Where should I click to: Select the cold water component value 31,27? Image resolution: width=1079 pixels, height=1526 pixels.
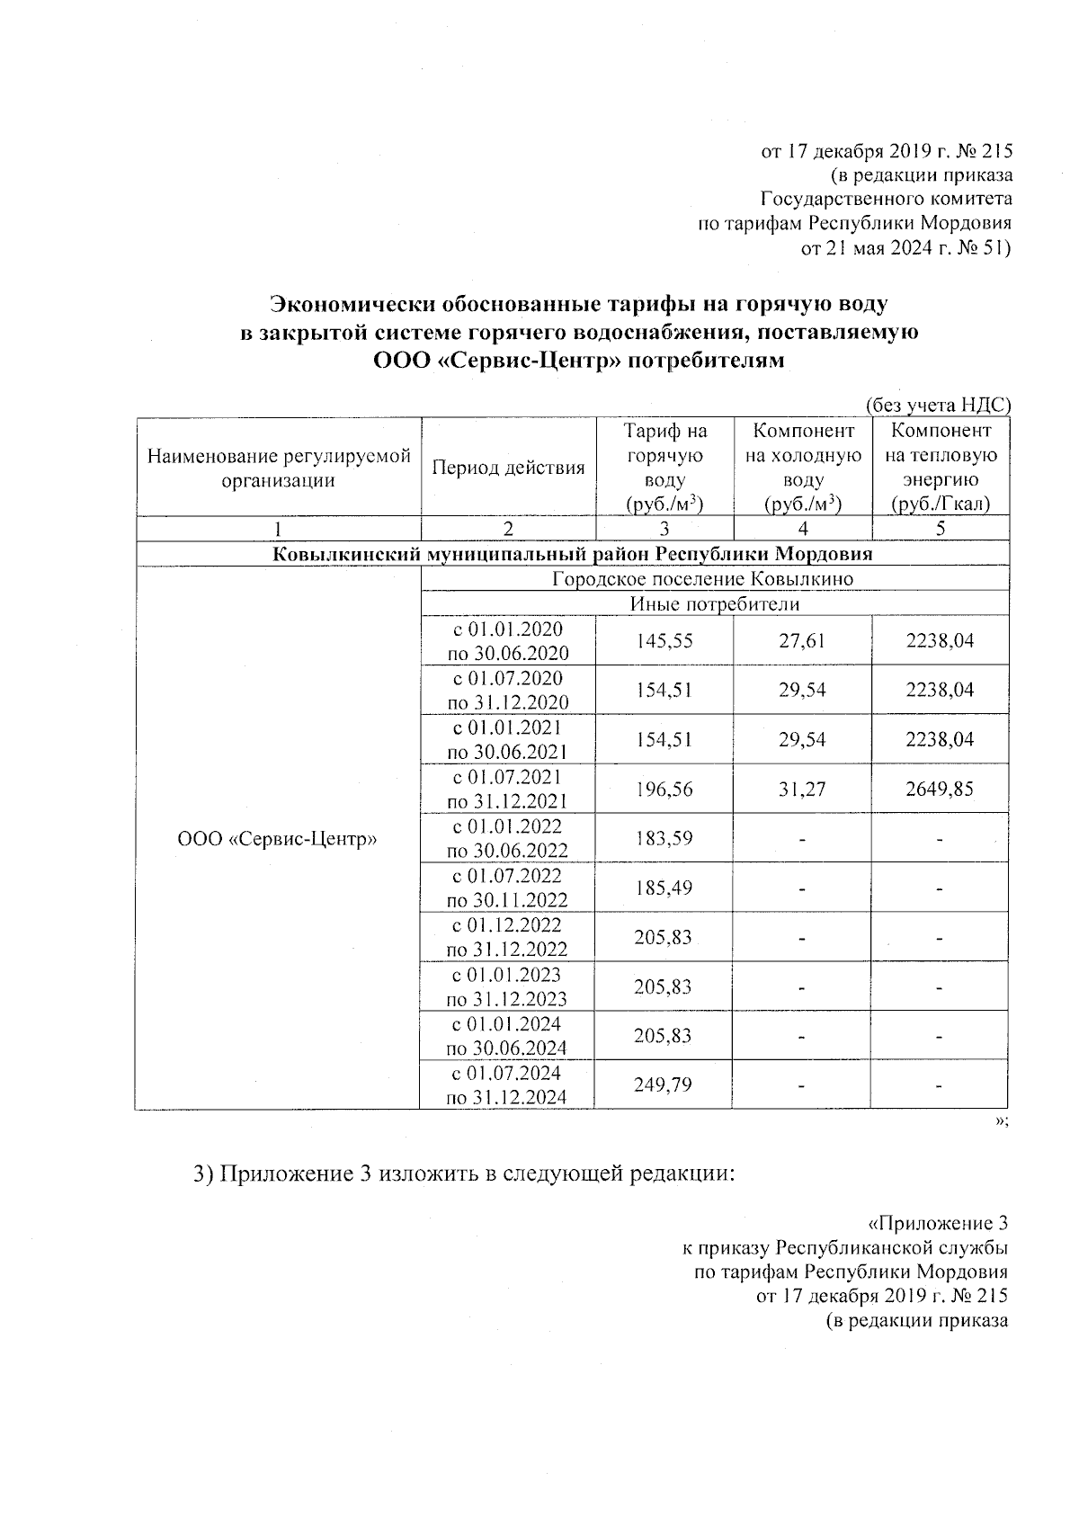(803, 790)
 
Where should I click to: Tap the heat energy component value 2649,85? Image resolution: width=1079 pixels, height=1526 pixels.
(940, 790)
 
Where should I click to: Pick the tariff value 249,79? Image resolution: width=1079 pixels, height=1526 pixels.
(664, 1085)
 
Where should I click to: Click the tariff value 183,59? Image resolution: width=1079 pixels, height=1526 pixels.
(664, 838)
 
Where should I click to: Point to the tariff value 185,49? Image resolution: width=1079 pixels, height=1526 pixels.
(664, 888)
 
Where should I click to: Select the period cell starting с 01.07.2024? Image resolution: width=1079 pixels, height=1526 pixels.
(508, 1085)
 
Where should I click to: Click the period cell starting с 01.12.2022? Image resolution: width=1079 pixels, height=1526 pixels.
(508, 937)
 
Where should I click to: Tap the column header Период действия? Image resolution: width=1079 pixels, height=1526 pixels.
(508, 468)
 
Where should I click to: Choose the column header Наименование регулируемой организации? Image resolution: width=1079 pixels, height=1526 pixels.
(279, 468)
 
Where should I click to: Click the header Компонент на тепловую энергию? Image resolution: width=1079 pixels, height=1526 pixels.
(940, 468)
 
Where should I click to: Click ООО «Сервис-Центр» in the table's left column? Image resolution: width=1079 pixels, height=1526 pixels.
(277, 839)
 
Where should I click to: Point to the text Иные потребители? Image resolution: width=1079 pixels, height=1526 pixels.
(714, 603)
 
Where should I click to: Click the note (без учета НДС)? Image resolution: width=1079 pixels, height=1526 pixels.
(938, 406)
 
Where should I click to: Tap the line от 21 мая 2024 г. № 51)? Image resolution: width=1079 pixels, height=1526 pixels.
(905, 248)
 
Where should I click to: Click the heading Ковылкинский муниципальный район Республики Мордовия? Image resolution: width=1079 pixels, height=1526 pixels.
(572, 553)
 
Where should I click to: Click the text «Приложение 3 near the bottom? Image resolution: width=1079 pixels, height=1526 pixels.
(937, 1224)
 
